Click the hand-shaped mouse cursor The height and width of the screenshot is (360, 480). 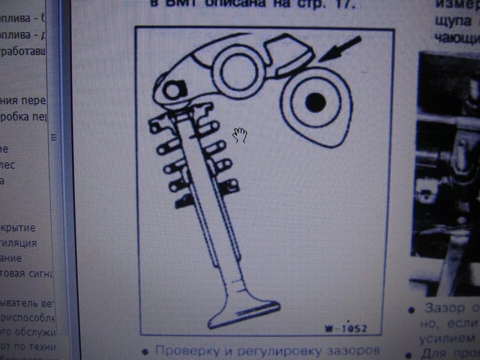pyautogui.click(x=240, y=134)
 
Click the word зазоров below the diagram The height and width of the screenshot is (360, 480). pyautogui.click(x=353, y=351)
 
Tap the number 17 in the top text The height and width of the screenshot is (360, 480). pyautogui.click(x=343, y=5)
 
